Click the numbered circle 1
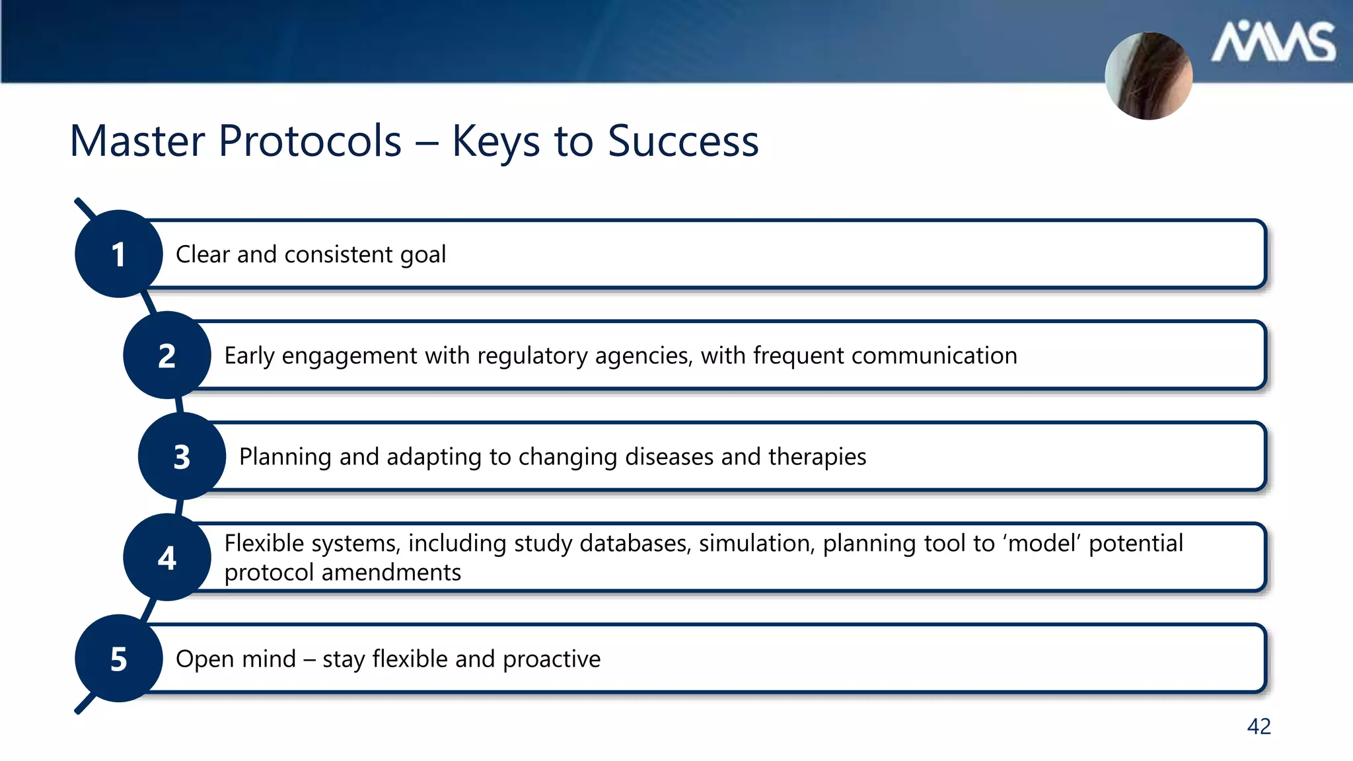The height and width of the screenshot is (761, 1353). [x=119, y=254]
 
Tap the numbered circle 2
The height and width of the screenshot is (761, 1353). [x=167, y=355]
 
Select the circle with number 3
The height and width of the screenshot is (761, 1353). [x=182, y=456]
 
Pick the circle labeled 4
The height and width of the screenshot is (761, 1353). [x=167, y=558]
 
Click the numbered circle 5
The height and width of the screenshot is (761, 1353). [x=119, y=659]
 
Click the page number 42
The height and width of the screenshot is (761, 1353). [x=1259, y=727]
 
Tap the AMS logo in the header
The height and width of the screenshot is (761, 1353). [x=1273, y=43]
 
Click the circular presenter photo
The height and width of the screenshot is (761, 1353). [x=1149, y=76]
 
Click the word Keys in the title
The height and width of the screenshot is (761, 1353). [x=495, y=142]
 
